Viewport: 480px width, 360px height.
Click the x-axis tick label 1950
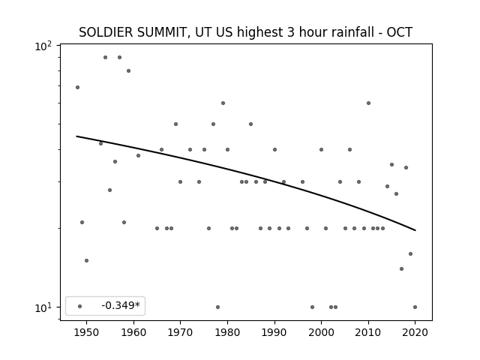tap(87, 332)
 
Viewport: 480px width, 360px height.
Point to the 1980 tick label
tap(227, 332)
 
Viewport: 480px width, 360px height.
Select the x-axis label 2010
tap(368, 332)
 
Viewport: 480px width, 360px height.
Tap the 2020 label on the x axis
tap(415, 332)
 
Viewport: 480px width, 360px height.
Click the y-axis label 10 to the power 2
tap(43, 46)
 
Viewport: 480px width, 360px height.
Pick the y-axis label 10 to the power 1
tap(43, 307)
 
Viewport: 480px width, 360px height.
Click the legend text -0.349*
tap(121, 305)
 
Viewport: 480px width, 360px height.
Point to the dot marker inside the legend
tap(80, 306)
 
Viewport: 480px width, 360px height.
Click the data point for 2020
tap(415, 307)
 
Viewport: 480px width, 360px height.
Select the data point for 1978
tap(218, 307)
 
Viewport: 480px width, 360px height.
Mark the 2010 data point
tap(368, 103)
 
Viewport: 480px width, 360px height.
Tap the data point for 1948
tap(77, 87)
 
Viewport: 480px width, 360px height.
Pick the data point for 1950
tap(87, 260)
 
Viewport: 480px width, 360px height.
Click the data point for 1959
tap(128, 70)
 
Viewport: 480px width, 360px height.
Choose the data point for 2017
tap(402, 268)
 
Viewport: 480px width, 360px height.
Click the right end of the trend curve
tap(415, 230)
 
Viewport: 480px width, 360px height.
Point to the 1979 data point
tap(223, 103)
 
